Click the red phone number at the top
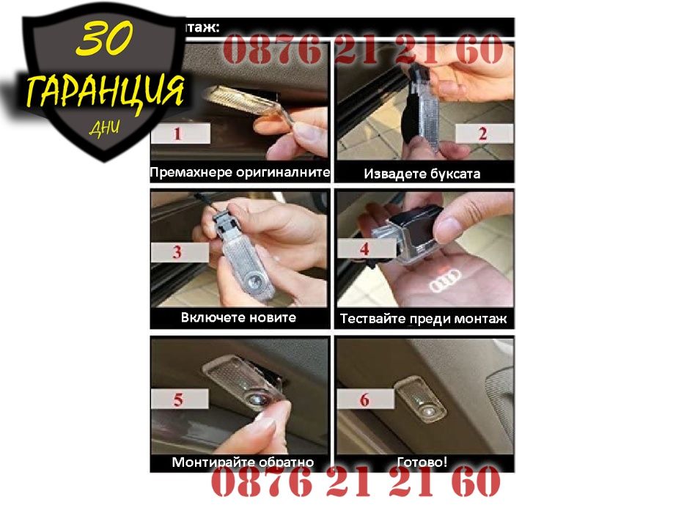pos(363,51)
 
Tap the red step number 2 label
pos(482,133)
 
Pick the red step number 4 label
pos(364,248)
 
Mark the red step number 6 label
pos(364,399)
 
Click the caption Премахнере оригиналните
pos(240,174)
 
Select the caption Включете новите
pos(238,318)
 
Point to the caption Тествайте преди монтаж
pos(424,320)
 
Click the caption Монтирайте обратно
pos(243,462)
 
